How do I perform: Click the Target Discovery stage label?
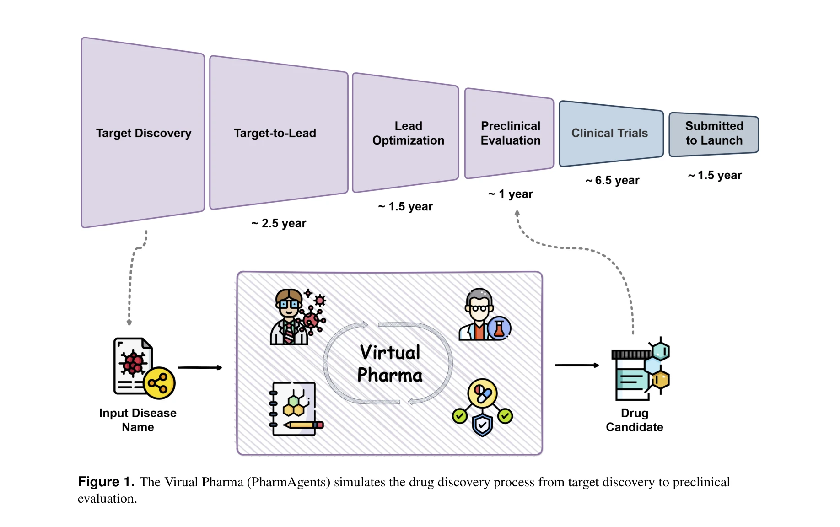pyautogui.click(x=143, y=133)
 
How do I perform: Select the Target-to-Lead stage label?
pyautogui.click(x=275, y=133)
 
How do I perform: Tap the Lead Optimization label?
pyautogui.click(x=408, y=133)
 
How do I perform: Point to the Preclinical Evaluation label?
pyautogui.click(x=511, y=133)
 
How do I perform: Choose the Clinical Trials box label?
pyautogui.click(x=609, y=133)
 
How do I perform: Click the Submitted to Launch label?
pyautogui.click(x=714, y=133)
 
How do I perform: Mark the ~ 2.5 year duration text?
pyautogui.click(x=279, y=223)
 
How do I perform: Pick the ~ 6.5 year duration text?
pyautogui.click(x=612, y=180)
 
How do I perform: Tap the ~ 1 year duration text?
pyautogui.click(x=511, y=194)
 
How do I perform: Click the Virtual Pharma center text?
pyautogui.click(x=390, y=364)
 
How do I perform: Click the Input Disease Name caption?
pyautogui.click(x=138, y=420)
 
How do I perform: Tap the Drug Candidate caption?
pyautogui.click(x=635, y=420)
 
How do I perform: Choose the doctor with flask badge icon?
pyautogui.click(x=484, y=315)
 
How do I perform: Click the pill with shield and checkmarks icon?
pyautogui.click(x=482, y=407)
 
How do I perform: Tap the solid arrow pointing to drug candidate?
pyautogui.click(x=576, y=365)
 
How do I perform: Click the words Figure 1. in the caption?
pyautogui.click(x=106, y=482)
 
